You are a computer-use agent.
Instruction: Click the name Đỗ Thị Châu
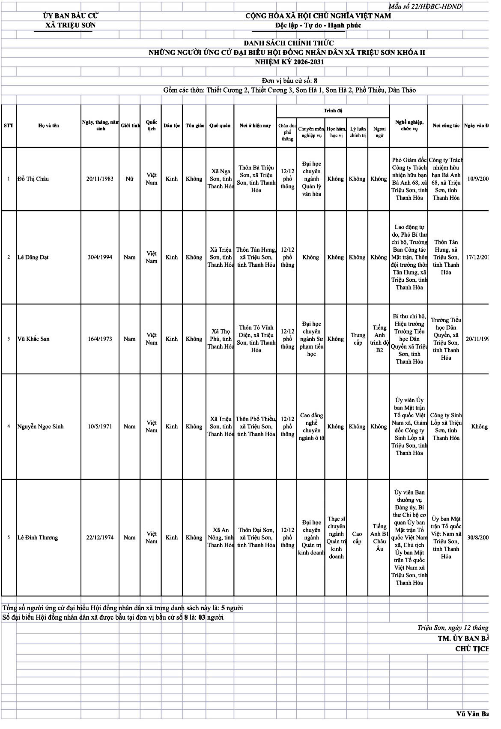33,179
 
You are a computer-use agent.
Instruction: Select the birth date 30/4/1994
100,257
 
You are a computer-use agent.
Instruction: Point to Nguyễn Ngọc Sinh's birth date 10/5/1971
100,427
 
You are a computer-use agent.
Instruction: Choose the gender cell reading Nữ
129,179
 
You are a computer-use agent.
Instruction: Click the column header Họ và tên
48,126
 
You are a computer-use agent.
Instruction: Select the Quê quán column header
220,126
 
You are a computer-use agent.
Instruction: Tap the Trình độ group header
333,111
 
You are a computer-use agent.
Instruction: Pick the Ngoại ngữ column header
379,132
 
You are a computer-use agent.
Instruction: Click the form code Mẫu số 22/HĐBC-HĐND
425,6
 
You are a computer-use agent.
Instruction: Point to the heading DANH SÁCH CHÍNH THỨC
289,43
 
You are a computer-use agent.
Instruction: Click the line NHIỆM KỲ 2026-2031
289,62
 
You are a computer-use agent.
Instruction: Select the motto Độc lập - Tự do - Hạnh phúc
318,25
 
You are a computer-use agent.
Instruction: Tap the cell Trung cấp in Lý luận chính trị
358,339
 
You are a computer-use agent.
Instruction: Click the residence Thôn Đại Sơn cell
256,538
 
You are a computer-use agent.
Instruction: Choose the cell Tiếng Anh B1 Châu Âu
379,538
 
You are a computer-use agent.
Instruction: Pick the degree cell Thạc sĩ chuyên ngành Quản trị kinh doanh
336,538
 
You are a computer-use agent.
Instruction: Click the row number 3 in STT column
9,339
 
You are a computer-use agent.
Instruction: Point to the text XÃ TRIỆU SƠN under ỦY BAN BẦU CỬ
71,25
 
